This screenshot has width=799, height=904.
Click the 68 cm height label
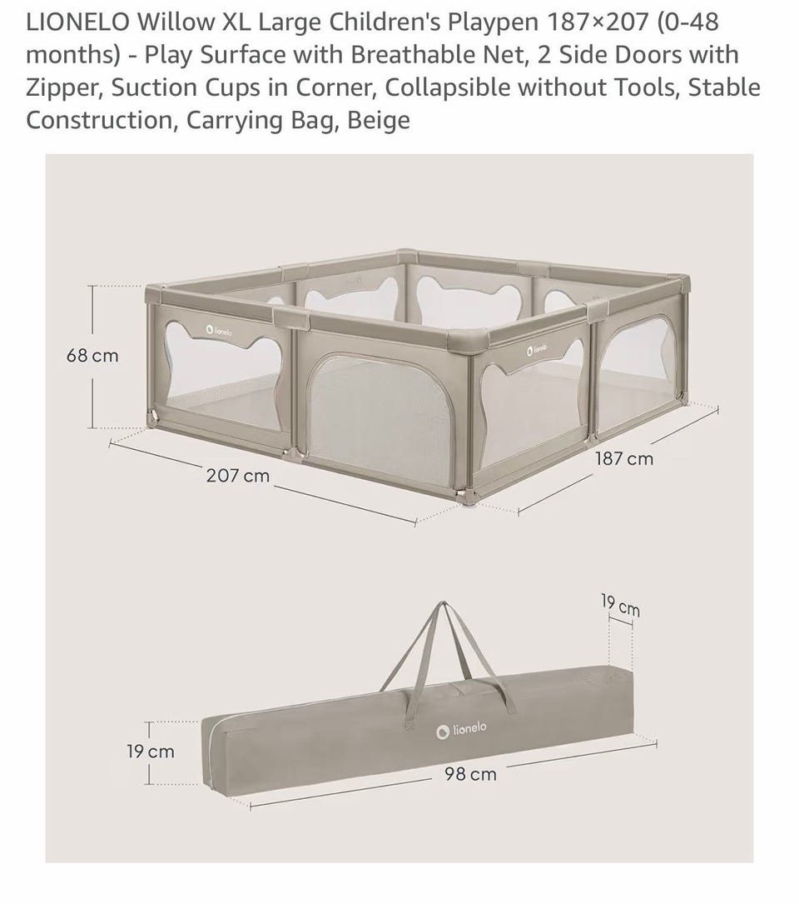tap(92, 355)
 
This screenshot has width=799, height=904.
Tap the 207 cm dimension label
tap(238, 476)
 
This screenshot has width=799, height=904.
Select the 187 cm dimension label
tap(624, 459)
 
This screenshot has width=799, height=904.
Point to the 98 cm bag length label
tap(470, 774)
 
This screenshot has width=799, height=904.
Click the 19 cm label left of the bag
tap(151, 752)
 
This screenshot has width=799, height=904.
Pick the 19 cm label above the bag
tap(620, 606)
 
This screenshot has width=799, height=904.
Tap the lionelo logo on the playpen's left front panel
tap(220, 331)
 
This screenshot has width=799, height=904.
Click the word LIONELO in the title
tap(77, 22)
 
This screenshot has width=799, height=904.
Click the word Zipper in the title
tap(65, 87)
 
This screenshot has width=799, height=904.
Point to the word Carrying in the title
tap(229, 121)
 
